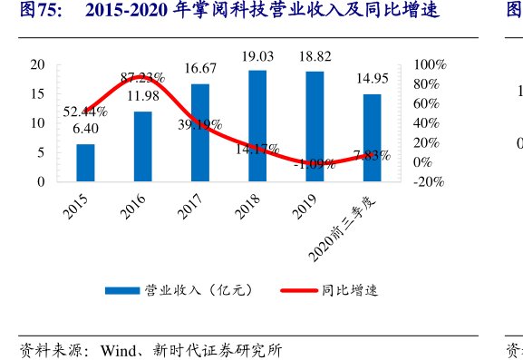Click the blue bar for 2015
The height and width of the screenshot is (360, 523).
(85, 162)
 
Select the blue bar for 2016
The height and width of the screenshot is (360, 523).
(143, 146)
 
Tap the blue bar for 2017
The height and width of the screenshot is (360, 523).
(200, 132)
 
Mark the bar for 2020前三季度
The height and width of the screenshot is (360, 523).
(373, 138)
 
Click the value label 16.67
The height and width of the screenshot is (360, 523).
(200, 68)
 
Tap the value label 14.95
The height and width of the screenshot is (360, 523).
(373, 78)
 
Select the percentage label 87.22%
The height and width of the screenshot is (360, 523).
(142, 78)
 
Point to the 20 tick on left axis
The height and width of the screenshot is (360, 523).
(37, 64)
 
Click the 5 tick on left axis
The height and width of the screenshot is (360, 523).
(41, 152)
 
